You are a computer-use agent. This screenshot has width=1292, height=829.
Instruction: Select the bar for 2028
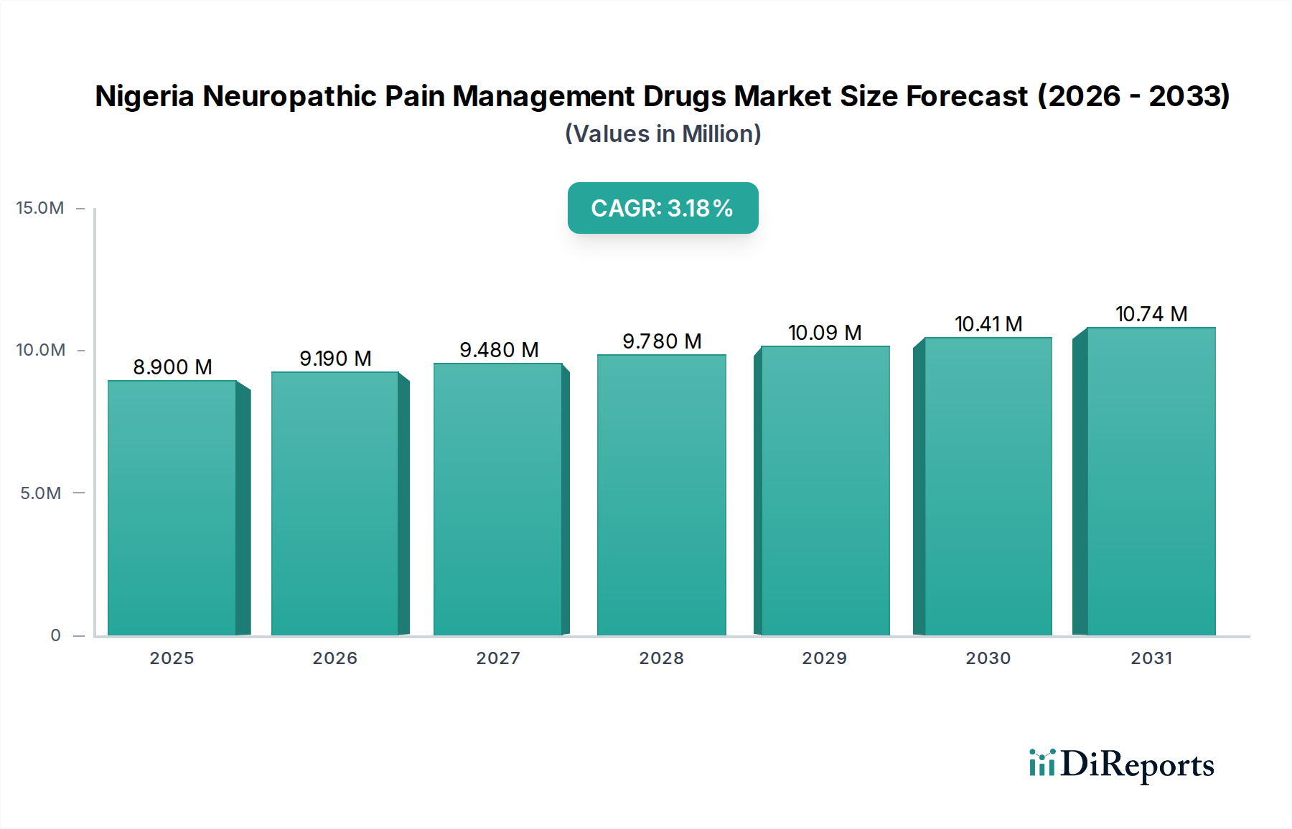[x=661, y=495]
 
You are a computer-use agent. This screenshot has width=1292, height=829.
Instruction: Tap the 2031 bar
[x=1151, y=481]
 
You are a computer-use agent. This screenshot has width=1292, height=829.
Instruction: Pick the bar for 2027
[x=497, y=499]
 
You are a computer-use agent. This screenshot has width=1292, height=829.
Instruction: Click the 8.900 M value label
[x=172, y=367]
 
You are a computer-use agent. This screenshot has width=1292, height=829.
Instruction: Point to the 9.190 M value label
[x=335, y=359]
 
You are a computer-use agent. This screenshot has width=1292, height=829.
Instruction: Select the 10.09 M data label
[x=825, y=333]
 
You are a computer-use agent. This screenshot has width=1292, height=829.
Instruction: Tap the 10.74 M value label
[x=1151, y=314]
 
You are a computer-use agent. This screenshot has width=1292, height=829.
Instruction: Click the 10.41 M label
[x=988, y=324]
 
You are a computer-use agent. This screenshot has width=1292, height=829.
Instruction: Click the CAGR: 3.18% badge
[x=663, y=208]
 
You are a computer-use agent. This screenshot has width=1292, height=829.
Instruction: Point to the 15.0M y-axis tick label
[x=40, y=208]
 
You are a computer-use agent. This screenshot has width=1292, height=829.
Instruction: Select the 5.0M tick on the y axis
[x=40, y=493]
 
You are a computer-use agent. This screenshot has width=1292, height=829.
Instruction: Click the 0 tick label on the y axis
[x=55, y=635]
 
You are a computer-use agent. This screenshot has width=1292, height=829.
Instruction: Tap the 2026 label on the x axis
[x=334, y=658]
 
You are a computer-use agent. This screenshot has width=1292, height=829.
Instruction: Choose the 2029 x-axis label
[x=824, y=658]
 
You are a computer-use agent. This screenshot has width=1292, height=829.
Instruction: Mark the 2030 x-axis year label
[x=988, y=658]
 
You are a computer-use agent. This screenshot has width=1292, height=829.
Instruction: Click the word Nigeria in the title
[x=144, y=96]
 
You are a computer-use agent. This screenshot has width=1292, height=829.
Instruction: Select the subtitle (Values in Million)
[x=663, y=134]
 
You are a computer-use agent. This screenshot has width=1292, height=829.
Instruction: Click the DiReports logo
[x=1121, y=764]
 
